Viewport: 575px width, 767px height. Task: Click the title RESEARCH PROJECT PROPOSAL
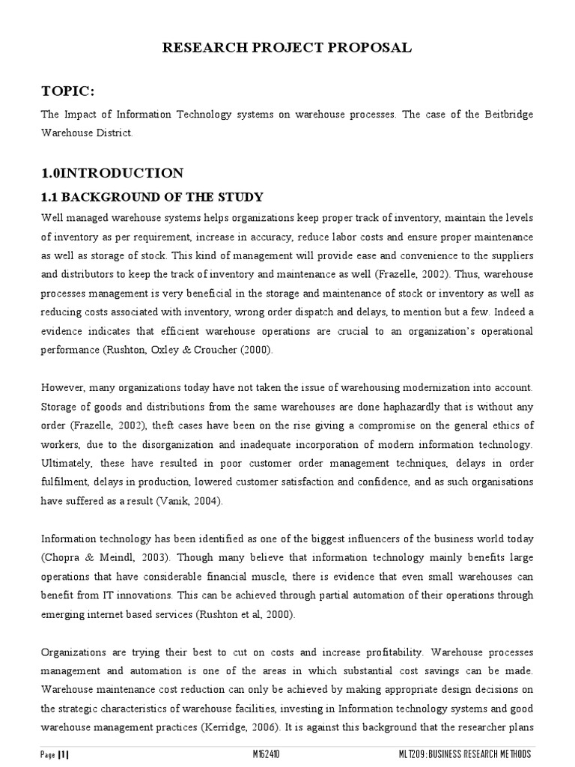287,48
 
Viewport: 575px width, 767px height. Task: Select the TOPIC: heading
68,91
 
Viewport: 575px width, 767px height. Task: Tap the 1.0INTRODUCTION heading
112,173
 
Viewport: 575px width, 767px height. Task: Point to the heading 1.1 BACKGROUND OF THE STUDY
152,198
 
